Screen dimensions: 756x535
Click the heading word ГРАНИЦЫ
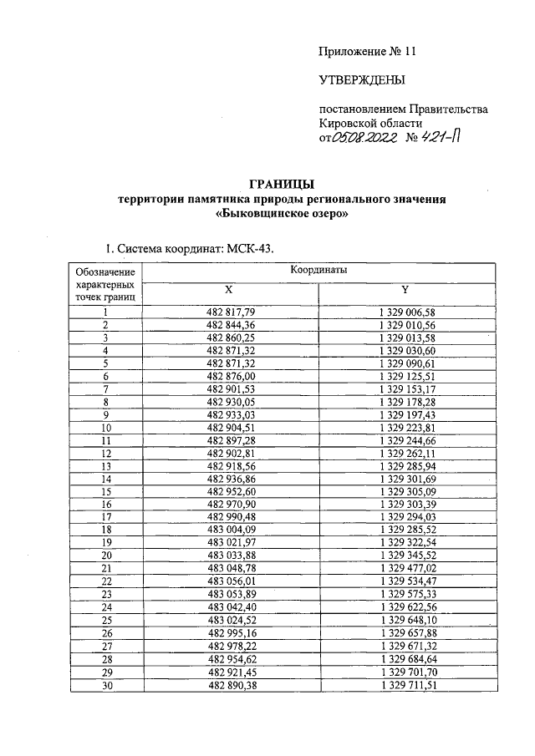pyautogui.click(x=283, y=185)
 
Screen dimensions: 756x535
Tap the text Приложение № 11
pyautogui.click(x=366, y=51)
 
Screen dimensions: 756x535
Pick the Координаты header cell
pyautogui.click(x=318, y=271)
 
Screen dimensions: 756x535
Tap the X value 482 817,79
pyautogui.click(x=228, y=312)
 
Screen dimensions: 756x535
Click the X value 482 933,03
pyautogui.click(x=228, y=414)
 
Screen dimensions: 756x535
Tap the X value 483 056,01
pyautogui.click(x=228, y=581)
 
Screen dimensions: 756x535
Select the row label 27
pyautogui.click(x=106, y=646)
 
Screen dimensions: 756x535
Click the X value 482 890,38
pyautogui.click(x=228, y=684)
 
